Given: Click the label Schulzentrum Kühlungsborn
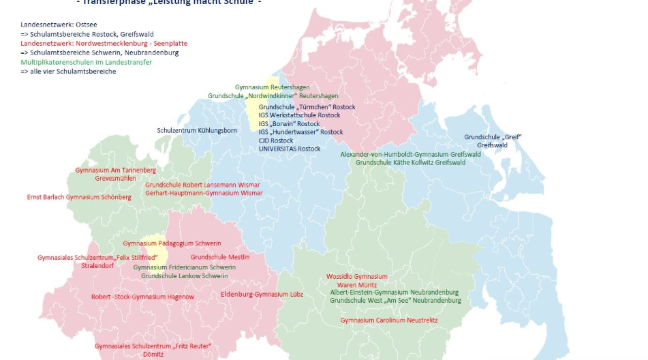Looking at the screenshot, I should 197,130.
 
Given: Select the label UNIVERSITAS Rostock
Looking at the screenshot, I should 289,149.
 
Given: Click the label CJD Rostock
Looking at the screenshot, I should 276,140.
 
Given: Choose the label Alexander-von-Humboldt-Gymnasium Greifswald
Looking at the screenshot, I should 410,154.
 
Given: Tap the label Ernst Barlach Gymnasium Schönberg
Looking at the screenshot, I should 79,197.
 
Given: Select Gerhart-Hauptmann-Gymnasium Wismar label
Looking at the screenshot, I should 204,193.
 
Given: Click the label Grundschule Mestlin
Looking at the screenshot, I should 219,257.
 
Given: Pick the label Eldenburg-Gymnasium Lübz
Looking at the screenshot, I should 251,294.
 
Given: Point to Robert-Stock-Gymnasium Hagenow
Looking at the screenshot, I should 142,297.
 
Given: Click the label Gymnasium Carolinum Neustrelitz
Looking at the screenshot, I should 389,320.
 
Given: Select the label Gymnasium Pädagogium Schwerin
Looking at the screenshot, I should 172,243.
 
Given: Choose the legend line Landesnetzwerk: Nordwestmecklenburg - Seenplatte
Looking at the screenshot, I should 104,43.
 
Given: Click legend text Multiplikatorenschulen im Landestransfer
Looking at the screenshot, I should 86,62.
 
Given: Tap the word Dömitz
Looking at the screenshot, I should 153,355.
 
